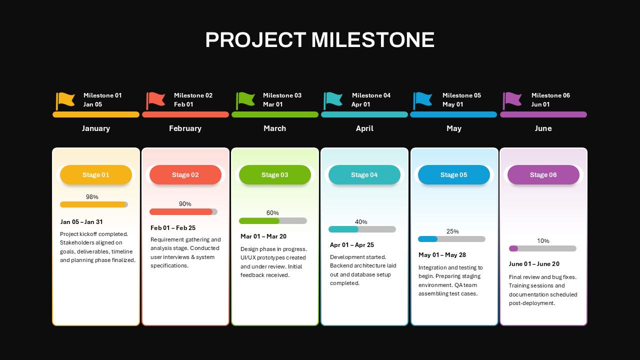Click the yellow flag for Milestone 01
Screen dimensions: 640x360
[65, 101]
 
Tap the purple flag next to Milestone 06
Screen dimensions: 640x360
[512, 101]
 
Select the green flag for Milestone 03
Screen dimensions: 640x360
[245, 101]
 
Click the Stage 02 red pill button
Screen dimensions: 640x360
[185, 174]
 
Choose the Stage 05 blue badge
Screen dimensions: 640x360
[453, 174]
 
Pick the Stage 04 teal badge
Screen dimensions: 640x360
[364, 174]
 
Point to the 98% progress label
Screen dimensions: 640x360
[92, 197]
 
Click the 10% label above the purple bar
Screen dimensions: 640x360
[543, 241]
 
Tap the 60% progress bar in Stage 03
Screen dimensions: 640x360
[273, 221]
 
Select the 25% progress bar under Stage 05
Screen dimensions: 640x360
[451, 239]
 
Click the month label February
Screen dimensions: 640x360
[185, 128]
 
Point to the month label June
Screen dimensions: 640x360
[543, 128]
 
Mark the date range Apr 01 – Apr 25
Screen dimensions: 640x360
[351, 245]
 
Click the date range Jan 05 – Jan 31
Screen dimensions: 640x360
[81, 222]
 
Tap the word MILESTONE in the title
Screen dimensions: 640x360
[373, 39]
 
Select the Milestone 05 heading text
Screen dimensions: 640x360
[461, 95]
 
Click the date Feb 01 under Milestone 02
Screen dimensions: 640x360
[183, 104]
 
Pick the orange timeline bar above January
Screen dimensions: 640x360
[96, 114]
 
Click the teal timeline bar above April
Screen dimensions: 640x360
[364, 114]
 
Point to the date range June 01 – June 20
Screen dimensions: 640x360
[534, 263]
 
